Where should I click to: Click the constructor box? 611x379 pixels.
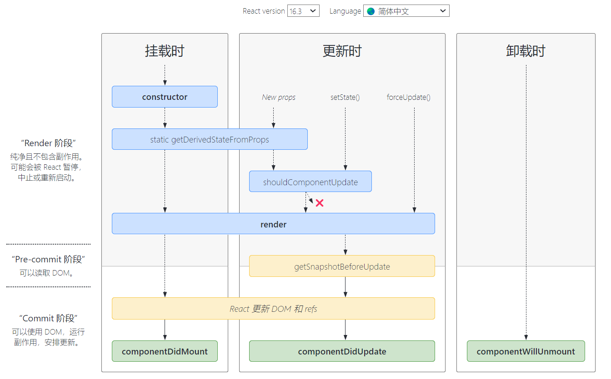click(x=165, y=97)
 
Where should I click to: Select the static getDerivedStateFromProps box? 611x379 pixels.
click(x=210, y=139)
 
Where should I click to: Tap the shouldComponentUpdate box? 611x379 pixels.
click(x=311, y=182)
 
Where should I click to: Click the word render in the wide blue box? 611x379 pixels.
click(x=273, y=224)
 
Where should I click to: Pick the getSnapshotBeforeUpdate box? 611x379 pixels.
click(x=342, y=266)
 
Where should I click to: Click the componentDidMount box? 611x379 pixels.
click(x=165, y=351)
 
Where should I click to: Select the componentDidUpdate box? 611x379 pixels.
click(x=342, y=351)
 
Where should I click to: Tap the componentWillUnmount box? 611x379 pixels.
click(x=526, y=351)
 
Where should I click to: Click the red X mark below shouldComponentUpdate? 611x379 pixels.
click(x=320, y=203)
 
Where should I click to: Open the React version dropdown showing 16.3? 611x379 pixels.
click(x=303, y=11)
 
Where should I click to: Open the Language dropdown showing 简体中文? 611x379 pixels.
click(x=406, y=11)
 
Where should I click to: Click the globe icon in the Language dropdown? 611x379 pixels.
click(x=371, y=11)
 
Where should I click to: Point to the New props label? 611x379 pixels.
click(x=279, y=97)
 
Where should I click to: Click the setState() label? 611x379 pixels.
click(x=345, y=97)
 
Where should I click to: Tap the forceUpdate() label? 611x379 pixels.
click(x=409, y=97)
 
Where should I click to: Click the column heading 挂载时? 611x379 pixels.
click(x=165, y=51)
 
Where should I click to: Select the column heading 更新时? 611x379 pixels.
click(x=342, y=51)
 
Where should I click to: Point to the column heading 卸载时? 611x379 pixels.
click(x=526, y=51)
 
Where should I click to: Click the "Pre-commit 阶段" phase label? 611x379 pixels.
click(x=48, y=259)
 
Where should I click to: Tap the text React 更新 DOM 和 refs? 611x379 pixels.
click(x=273, y=309)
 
